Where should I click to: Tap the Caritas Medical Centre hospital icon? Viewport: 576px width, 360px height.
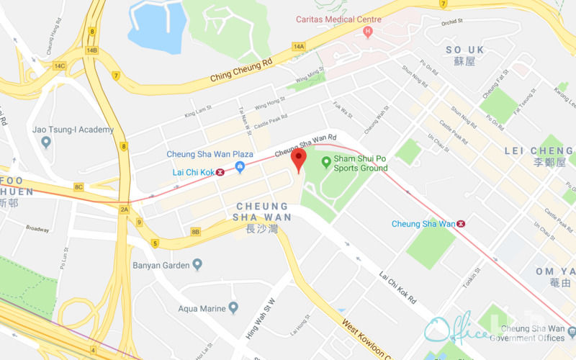click(368, 32)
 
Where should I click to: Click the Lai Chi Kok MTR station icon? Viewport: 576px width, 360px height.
click(220, 172)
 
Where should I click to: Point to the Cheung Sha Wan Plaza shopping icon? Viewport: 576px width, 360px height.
click(240, 167)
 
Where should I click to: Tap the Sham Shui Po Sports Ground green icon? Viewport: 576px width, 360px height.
click(325, 162)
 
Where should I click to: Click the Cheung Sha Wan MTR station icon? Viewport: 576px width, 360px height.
click(461, 224)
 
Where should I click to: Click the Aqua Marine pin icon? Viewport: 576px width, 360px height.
click(233, 308)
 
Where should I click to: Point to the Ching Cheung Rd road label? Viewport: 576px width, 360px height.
click(241, 70)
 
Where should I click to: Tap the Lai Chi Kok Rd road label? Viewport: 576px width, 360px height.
click(398, 287)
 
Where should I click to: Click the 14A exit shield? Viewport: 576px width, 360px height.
click(299, 46)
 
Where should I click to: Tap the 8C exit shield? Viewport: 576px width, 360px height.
click(78, 186)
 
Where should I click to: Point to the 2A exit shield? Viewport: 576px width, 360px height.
click(124, 210)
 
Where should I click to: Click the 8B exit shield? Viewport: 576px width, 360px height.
click(196, 231)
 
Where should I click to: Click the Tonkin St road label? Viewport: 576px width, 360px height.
click(472, 273)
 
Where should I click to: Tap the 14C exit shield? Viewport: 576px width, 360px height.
click(58, 66)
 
